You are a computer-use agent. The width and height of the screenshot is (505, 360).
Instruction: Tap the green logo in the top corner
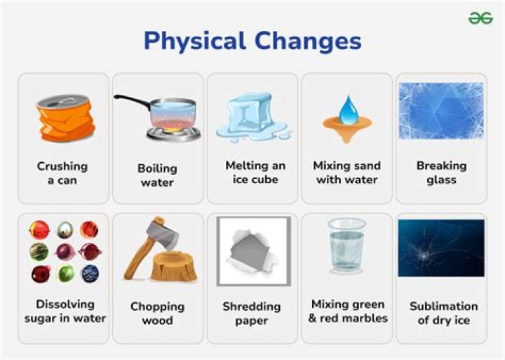click(480, 18)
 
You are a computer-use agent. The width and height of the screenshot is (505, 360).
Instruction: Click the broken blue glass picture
click(441, 112)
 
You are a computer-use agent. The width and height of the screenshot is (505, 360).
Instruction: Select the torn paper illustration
click(254, 251)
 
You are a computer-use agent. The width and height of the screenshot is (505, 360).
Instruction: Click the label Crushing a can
click(62, 173)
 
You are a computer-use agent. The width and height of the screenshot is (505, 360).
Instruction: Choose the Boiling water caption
click(157, 175)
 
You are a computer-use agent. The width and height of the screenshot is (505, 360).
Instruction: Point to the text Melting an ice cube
click(255, 172)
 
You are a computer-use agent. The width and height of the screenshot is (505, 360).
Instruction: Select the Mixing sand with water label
click(347, 172)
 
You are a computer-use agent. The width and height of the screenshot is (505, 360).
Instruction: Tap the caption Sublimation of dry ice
click(443, 313)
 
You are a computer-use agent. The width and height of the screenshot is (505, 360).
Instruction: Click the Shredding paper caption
click(251, 314)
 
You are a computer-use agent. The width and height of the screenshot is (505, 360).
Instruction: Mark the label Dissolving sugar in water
click(65, 311)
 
